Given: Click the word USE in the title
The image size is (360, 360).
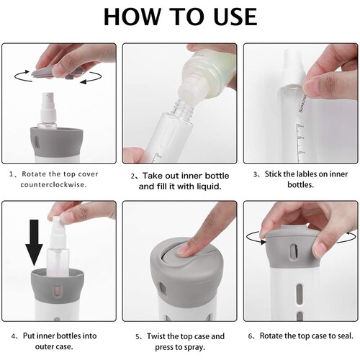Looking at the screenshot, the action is (235, 17).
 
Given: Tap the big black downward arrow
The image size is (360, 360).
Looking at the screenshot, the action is (34, 243).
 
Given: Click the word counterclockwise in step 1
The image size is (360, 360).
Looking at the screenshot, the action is (53, 185).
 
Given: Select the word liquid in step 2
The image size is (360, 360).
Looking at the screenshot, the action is (209, 186).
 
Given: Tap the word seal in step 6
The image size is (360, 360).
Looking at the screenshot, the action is (346, 336).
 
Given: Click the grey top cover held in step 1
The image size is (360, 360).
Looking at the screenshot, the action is (55, 73).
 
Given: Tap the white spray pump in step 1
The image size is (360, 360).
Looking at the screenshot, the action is (49, 107).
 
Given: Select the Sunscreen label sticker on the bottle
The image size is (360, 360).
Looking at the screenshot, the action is (302, 104).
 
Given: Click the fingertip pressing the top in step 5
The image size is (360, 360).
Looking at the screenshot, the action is (186, 249).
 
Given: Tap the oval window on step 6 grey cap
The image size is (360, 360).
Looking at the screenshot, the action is (294, 252).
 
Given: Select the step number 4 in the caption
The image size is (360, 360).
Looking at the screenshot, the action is (13, 336).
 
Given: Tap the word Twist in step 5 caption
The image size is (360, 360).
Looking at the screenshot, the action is (156, 336).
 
